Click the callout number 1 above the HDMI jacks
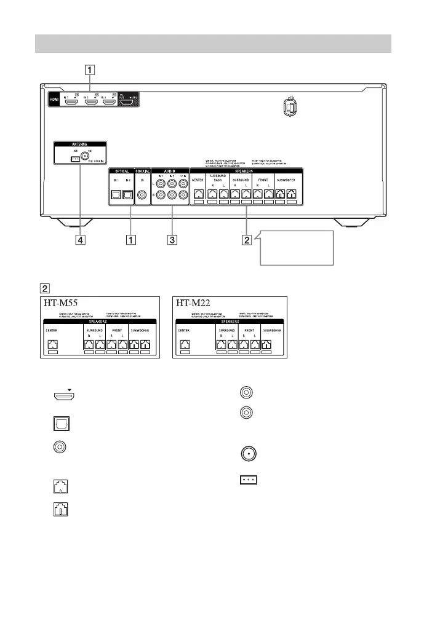point(90,69)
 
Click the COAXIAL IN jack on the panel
point(143,195)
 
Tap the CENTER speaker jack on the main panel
point(199,194)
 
